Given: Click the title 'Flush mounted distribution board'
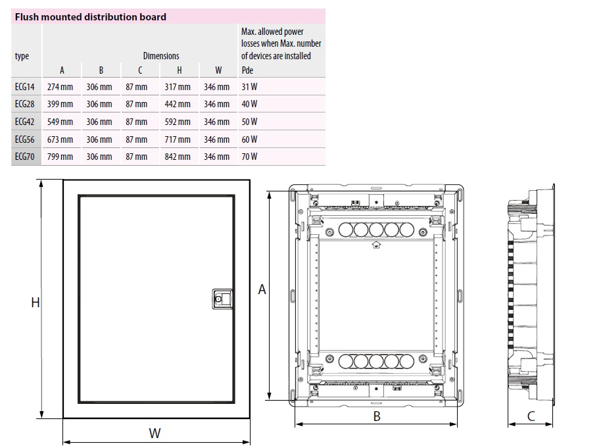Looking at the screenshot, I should click(x=90, y=16).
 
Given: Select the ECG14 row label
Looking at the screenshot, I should click(x=24, y=87).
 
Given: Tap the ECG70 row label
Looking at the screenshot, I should click(x=24, y=157).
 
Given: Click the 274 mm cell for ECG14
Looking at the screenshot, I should click(x=62, y=87).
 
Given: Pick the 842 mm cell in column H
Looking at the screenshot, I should click(x=178, y=157).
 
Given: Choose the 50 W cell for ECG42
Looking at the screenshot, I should click(x=249, y=122).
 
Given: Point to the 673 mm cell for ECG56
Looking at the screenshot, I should click(x=62, y=139).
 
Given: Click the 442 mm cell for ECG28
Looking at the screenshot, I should click(x=178, y=104).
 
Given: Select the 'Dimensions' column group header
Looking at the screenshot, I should click(x=161, y=56).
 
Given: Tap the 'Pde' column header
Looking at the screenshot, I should click(x=247, y=70).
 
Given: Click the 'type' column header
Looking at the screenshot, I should click(x=22, y=56).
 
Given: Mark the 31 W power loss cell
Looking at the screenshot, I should click(x=249, y=87).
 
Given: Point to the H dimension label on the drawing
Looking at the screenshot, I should click(x=36, y=302).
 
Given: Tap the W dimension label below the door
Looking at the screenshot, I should click(x=155, y=433).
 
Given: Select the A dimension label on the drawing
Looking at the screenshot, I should click(x=262, y=289).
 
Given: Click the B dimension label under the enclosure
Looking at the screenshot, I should click(x=377, y=416).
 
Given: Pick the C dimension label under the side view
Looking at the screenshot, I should click(x=531, y=416).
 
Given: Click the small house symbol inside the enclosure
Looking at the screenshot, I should click(x=376, y=246).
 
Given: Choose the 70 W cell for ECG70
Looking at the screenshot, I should click(x=249, y=157).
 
